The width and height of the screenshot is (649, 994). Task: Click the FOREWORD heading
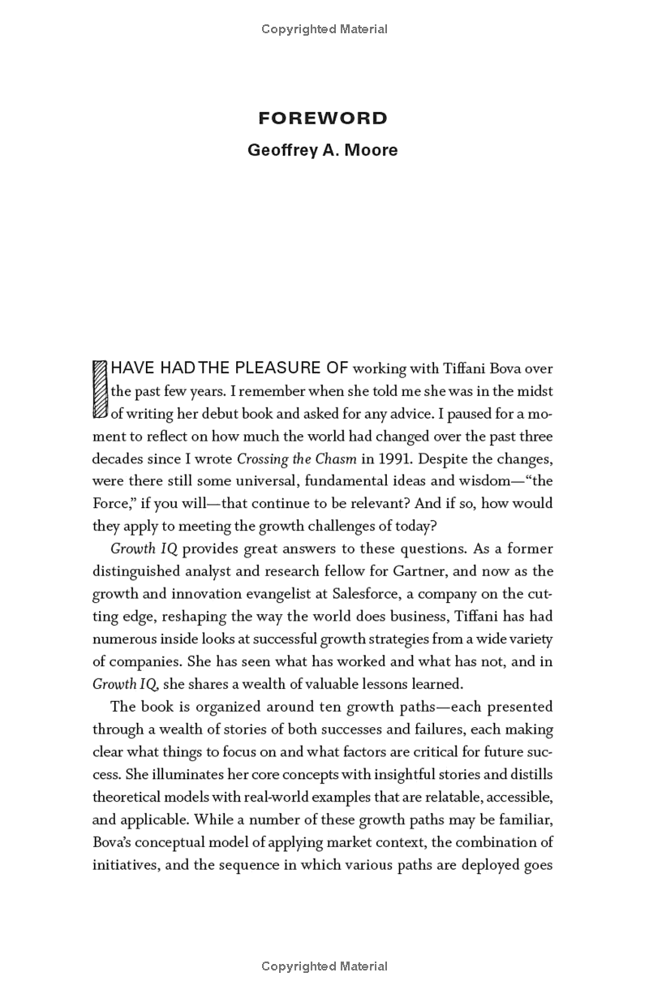click(x=323, y=118)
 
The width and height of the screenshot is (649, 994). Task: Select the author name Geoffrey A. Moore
click(x=323, y=150)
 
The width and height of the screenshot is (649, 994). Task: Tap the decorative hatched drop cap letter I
click(x=100, y=390)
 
